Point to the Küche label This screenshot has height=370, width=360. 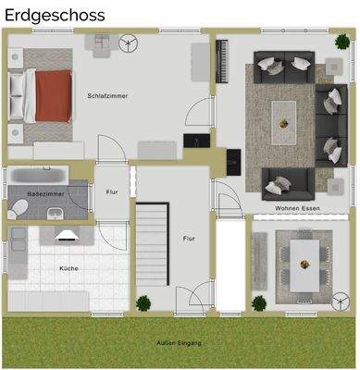click(x=68, y=268)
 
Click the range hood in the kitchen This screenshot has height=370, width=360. click(x=68, y=234)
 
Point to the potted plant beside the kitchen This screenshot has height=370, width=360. click(x=143, y=302)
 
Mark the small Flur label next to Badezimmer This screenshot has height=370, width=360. click(x=112, y=192)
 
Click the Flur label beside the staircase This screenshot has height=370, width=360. click(x=189, y=239)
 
